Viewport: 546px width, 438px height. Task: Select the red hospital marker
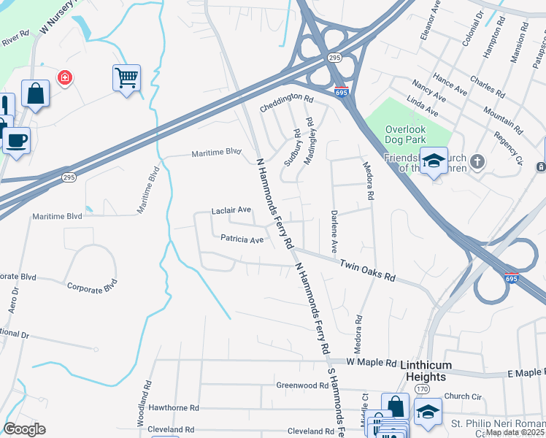point(65,77)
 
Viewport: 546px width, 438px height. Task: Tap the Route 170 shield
point(423,390)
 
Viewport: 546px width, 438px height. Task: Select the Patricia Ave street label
point(242,239)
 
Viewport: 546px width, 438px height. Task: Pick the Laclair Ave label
point(231,210)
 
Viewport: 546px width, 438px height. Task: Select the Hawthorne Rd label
point(174,408)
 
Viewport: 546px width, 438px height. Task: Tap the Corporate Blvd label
point(92,285)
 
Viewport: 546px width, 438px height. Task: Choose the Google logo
point(24,429)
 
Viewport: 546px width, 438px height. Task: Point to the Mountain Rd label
point(502,120)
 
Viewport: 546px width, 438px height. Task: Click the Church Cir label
point(464,397)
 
